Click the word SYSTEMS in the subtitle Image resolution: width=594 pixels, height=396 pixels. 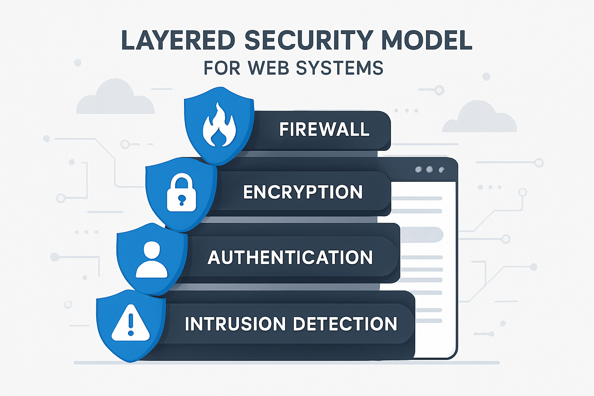[339, 68]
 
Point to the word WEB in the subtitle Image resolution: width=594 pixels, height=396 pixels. [268, 68]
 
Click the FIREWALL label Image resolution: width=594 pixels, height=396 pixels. [324, 130]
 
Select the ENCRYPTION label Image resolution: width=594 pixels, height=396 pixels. [303, 192]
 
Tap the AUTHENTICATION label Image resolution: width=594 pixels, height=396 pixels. [290, 258]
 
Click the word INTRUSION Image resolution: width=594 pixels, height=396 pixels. [235, 324]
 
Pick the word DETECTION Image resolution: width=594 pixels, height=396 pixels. [345, 324]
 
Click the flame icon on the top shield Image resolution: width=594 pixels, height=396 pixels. [219, 125]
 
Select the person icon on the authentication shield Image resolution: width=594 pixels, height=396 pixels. [152, 259]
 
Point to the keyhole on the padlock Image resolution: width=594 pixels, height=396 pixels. [181, 200]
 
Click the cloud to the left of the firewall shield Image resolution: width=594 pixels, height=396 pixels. [115, 99]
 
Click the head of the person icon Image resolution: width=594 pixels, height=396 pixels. [152, 250]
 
